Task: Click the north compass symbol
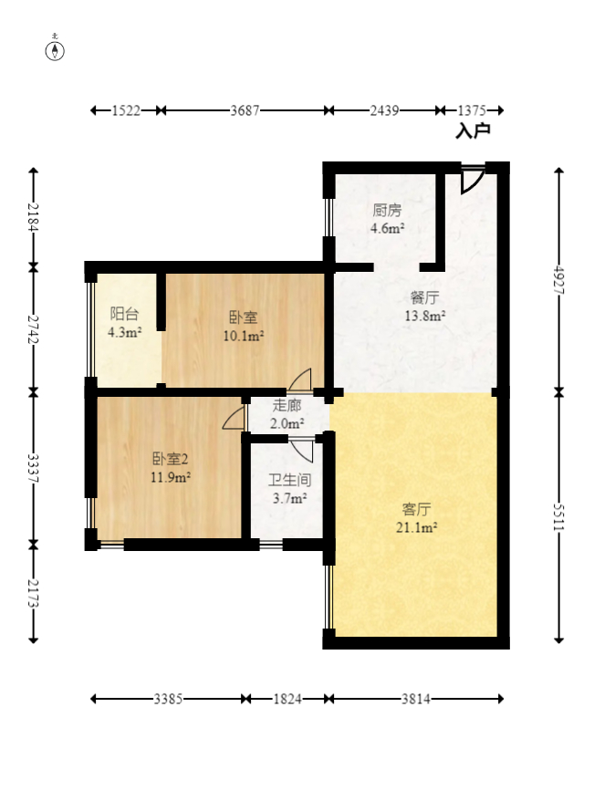(55, 50)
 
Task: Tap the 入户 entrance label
(473, 130)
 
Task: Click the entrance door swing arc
(473, 182)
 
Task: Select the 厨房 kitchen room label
(387, 211)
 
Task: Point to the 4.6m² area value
(387, 227)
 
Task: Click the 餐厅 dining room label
(425, 297)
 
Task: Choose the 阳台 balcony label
(124, 314)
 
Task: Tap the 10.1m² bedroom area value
(244, 337)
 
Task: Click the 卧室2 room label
(171, 458)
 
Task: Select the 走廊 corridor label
(287, 405)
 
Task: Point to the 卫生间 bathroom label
(289, 481)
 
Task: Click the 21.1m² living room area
(416, 527)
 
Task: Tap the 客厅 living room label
(416, 510)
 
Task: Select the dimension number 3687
(245, 110)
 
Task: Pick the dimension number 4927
(559, 280)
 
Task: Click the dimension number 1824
(287, 700)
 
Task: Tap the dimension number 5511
(559, 516)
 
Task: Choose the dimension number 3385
(168, 700)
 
